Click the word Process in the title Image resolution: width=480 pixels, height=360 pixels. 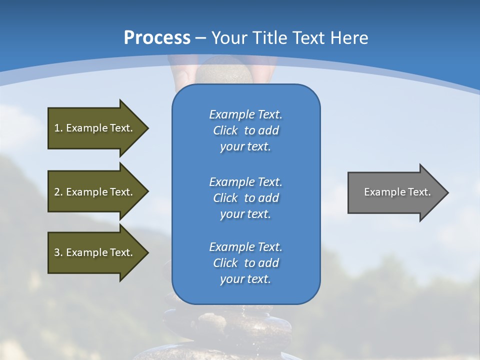click(156, 37)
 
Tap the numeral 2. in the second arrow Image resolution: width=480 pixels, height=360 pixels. click(58, 192)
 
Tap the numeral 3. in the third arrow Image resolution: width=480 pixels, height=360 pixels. click(58, 252)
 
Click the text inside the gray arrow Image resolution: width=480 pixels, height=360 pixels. click(397, 192)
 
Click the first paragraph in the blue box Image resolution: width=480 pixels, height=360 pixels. click(245, 130)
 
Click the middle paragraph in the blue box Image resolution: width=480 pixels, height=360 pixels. click(245, 197)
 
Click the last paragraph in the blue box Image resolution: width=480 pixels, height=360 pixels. click(245, 263)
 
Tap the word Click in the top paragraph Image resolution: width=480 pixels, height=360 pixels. click(225, 130)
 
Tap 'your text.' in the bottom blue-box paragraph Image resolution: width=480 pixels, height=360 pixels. click(245, 279)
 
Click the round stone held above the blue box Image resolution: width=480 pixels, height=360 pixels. click(223, 70)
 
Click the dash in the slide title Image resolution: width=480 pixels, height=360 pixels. click(201, 38)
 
